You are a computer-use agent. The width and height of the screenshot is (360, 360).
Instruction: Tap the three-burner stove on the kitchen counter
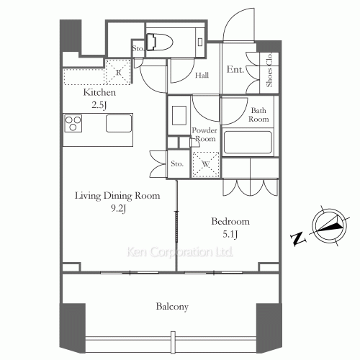coord(73,123)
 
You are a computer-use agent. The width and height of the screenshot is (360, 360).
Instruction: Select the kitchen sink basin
coord(119,123)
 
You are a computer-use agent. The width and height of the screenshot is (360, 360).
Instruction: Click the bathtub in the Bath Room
coord(248,142)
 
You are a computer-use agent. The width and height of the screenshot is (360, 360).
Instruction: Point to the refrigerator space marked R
coord(118,72)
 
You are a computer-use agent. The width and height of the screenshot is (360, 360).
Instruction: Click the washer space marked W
coord(206,165)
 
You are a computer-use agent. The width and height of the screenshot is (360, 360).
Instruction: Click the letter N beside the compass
coord(298,239)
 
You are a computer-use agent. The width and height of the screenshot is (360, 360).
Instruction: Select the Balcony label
coord(172,307)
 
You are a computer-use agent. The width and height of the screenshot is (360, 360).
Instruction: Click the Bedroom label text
coord(230,221)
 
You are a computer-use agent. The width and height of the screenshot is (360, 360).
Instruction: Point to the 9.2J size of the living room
coord(118,209)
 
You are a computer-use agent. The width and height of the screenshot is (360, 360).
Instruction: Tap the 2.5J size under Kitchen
coord(99,105)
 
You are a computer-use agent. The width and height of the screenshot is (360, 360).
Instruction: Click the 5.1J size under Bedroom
coord(230,234)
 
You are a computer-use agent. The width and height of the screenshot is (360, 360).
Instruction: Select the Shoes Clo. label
coord(269,70)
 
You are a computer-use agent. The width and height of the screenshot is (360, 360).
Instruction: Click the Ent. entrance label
coord(235,70)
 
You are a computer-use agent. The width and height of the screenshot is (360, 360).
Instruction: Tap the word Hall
coord(202,76)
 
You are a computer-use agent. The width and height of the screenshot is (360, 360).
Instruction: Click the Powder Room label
coord(204,135)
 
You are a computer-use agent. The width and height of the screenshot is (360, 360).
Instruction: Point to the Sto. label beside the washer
coord(177,163)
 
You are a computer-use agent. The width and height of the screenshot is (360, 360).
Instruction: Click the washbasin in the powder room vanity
coord(179,115)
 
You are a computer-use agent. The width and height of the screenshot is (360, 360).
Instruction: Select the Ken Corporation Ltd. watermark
coord(180,252)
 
